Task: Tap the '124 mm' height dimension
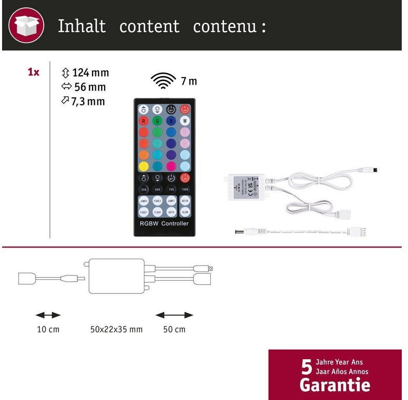pyautogui.click(x=90, y=72)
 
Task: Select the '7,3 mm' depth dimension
pyautogui.click(x=88, y=101)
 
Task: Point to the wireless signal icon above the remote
pyautogui.click(x=163, y=80)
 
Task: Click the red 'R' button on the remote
pyautogui.click(x=144, y=121)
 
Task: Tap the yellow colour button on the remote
pyautogui.click(x=144, y=166)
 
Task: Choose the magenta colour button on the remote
pyautogui.click(x=171, y=166)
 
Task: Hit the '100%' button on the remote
pyautogui.click(x=185, y=189)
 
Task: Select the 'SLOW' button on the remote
pyautogui.click(x=185, y=212)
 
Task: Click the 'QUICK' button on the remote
pyautogui.click(x=185, y=201)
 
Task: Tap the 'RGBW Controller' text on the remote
pyautogui.click(x=164, y=224)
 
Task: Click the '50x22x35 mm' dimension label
pyautogui.click(x=116, y=330)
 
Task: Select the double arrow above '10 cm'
pyautogui.click(x=48, y=315)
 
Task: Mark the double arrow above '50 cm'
pyautogui.click(x=174, y=315)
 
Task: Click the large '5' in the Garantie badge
pyautogui.click(x=306, y=367)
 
